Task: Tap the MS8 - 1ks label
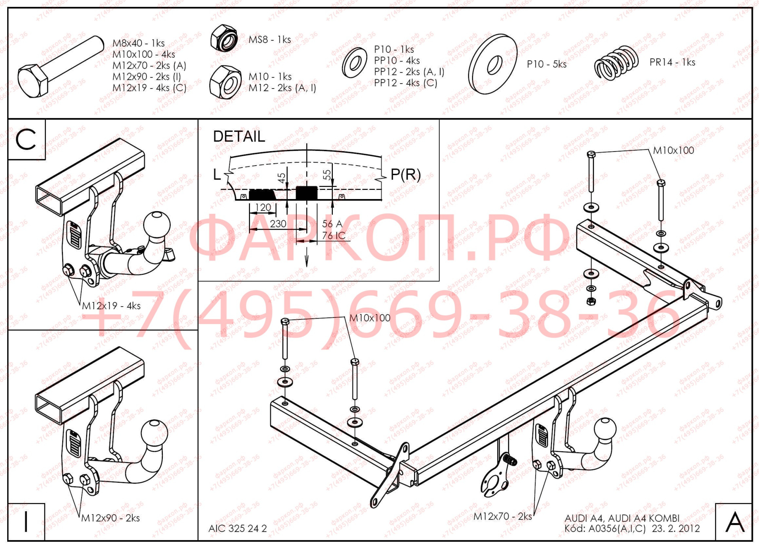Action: tap(269, 40)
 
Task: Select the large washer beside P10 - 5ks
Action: tap(493, 64)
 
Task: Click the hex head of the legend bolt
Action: tap(33, 81)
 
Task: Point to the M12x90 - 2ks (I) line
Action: tap(146, 77)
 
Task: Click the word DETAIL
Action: tap(239, 137)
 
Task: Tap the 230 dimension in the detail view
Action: tap(278, 224)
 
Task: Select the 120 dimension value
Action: tap(263, 207)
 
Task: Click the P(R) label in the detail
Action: tap(405, 174)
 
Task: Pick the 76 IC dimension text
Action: tap(334, 236)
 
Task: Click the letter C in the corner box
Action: tap(26, 139)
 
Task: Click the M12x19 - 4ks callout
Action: tap(111, 306)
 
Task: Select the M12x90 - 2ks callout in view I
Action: tap(110, 518)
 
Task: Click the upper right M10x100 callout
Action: tap(673, 151)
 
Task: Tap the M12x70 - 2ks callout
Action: tap(502, 517)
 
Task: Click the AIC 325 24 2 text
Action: tap(238, 529)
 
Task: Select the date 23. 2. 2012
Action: tap(676, 529)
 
